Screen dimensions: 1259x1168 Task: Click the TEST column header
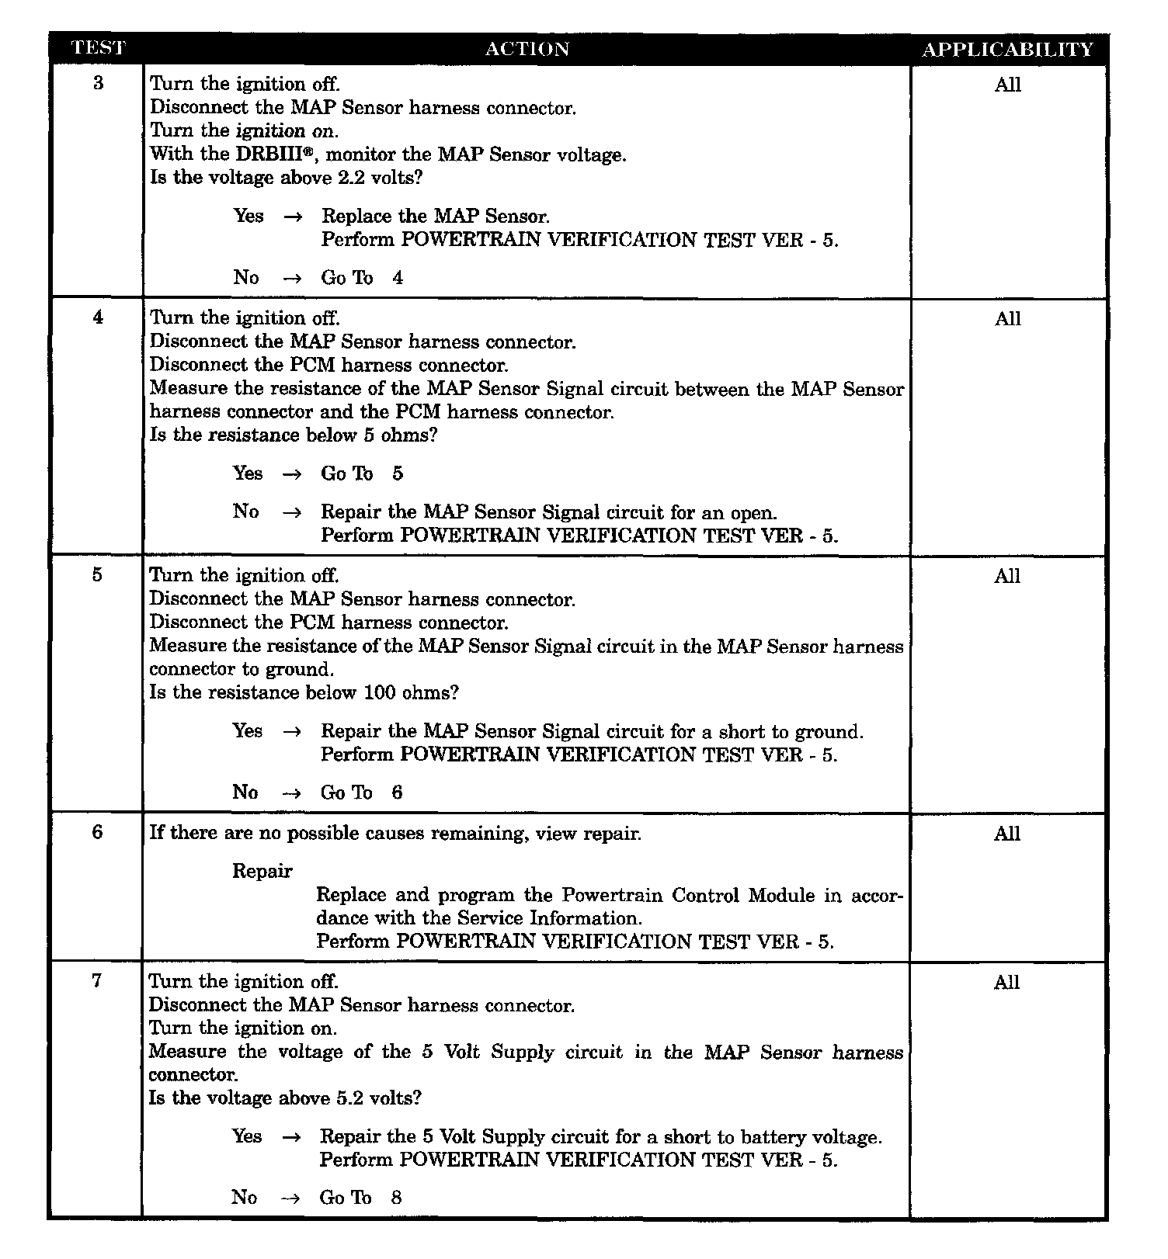click(97, 48)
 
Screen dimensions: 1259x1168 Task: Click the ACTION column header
click(527, 49)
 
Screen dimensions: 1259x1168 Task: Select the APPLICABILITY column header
click(1007, 50)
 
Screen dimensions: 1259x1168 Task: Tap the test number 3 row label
click(98, 83)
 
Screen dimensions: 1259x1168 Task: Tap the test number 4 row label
click(98, 317)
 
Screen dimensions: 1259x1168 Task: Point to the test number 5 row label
click(97, 574)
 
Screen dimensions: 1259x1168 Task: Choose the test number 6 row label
click(97, 832)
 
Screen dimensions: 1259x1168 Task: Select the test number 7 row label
click(97, 980)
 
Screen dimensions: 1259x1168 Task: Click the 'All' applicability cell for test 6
click(1007, 834)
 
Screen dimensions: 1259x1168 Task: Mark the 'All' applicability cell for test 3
click(1007, 85)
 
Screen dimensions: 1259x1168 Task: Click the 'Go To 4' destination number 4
click(398, 278)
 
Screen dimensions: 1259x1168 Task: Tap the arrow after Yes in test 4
click(292, 473)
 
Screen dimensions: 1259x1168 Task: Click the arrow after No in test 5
click(291, 793)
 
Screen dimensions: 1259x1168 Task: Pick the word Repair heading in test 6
click(262, 871)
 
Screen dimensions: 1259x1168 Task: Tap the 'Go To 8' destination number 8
click(396, 1197)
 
